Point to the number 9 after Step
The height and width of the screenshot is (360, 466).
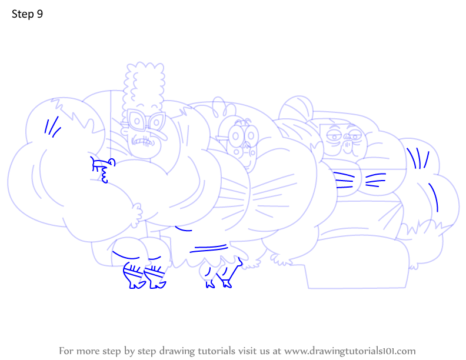click(40, 14)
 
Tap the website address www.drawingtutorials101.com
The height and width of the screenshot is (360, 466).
click(350, 351)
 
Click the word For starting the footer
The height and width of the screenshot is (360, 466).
click(66, 351)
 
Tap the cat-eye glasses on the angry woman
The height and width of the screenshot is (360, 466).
click(146, 121)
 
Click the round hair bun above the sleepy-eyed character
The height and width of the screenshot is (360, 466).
click(296, 108)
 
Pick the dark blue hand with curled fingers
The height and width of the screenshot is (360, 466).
click(102, 170)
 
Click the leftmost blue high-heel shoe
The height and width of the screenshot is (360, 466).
click(134, 276)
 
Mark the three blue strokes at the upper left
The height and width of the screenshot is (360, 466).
click(52, 127)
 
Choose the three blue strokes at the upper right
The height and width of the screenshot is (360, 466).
click(418, 158)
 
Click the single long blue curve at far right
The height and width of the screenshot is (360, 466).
click(434, 196)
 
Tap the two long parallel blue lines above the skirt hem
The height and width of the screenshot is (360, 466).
click(209, 248)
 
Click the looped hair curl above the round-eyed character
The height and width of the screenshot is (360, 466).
click(219, 107)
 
